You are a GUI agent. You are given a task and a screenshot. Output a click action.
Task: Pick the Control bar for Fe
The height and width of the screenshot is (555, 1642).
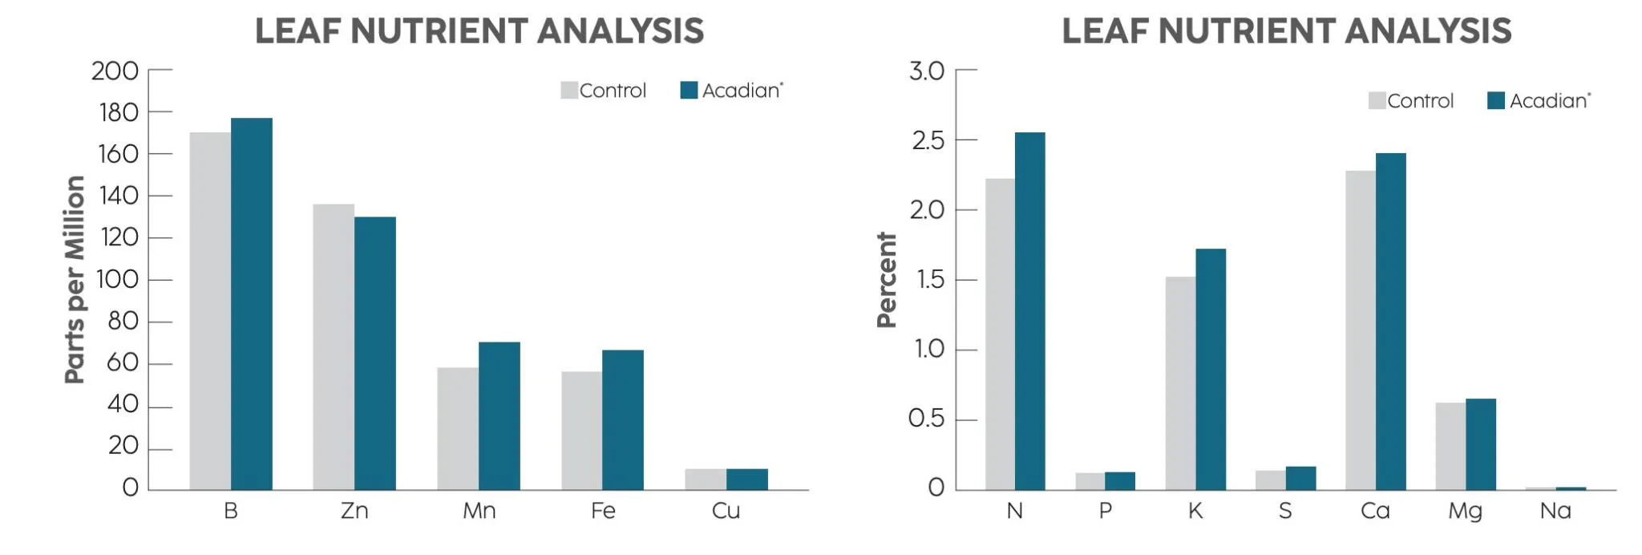581,430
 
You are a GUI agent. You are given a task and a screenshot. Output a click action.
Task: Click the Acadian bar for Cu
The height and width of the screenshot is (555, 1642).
747,479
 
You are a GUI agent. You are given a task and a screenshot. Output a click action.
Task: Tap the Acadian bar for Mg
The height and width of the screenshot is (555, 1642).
1481,444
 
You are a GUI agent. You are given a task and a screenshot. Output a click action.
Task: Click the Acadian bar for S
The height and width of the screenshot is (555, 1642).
1300,478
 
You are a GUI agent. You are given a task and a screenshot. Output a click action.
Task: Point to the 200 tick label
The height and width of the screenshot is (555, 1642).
115,71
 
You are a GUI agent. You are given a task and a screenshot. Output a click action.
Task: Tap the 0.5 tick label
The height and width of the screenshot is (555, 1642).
926,419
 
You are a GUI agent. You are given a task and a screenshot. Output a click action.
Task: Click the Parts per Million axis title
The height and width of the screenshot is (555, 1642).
75,279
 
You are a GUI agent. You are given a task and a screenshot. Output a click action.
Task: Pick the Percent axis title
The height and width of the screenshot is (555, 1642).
887,280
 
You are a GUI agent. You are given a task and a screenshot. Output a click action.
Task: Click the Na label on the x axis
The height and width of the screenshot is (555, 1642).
1555,511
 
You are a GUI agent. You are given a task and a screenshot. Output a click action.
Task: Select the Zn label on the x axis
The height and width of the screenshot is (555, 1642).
354,511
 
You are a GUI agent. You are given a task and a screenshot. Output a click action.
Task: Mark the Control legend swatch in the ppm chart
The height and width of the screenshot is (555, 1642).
569,91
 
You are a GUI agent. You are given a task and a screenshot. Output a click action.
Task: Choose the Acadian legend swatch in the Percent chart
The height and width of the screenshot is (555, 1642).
1496,101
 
